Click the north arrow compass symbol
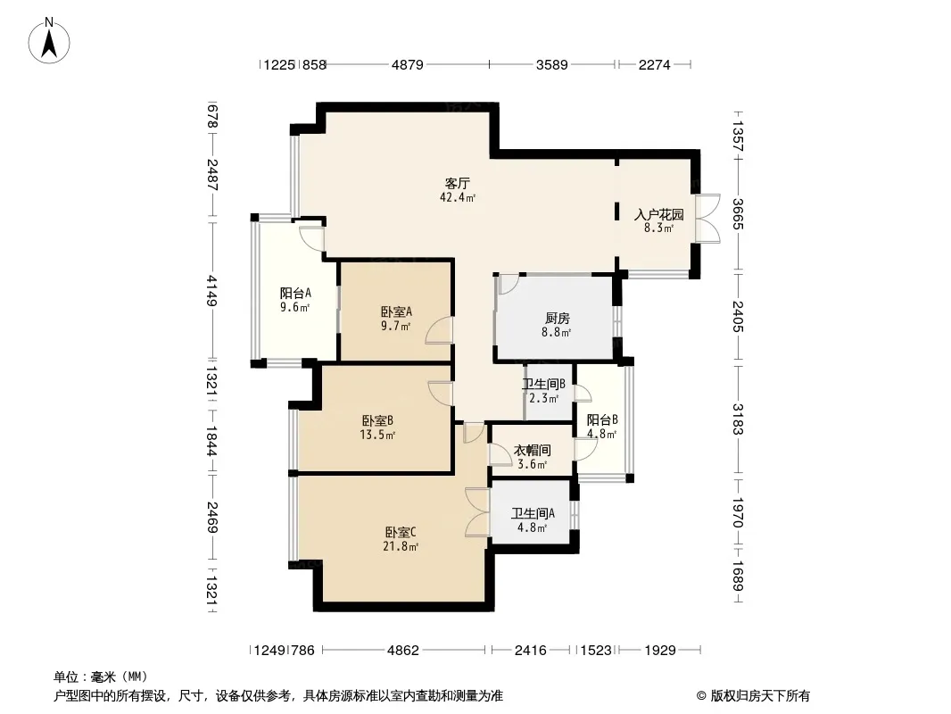click(x=49, y=41)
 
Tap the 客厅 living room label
click(x=458, y=183)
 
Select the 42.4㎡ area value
click(x=458, y=197)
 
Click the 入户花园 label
click(x=658, y=214)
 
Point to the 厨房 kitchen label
click(x=557, y=319)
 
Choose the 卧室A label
click(x=396, y=311)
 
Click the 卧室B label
click(x=377, y=420)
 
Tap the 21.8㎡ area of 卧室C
click(x=401, y=546)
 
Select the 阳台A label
click(x=295, y=293)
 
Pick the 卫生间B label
click(x=544, y=384)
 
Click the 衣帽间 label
click(x=532, y=450)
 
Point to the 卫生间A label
click(x=533, y=514)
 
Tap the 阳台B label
click(x=602, y=419)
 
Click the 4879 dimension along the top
click(x=408, y=64)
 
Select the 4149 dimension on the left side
click(x=211, y=291)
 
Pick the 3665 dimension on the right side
click(x=738, y=214)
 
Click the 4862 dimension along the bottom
click(x=403, y=651)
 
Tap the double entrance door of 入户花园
click(x=707, y=219)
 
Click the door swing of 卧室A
click(x=439, y=330)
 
